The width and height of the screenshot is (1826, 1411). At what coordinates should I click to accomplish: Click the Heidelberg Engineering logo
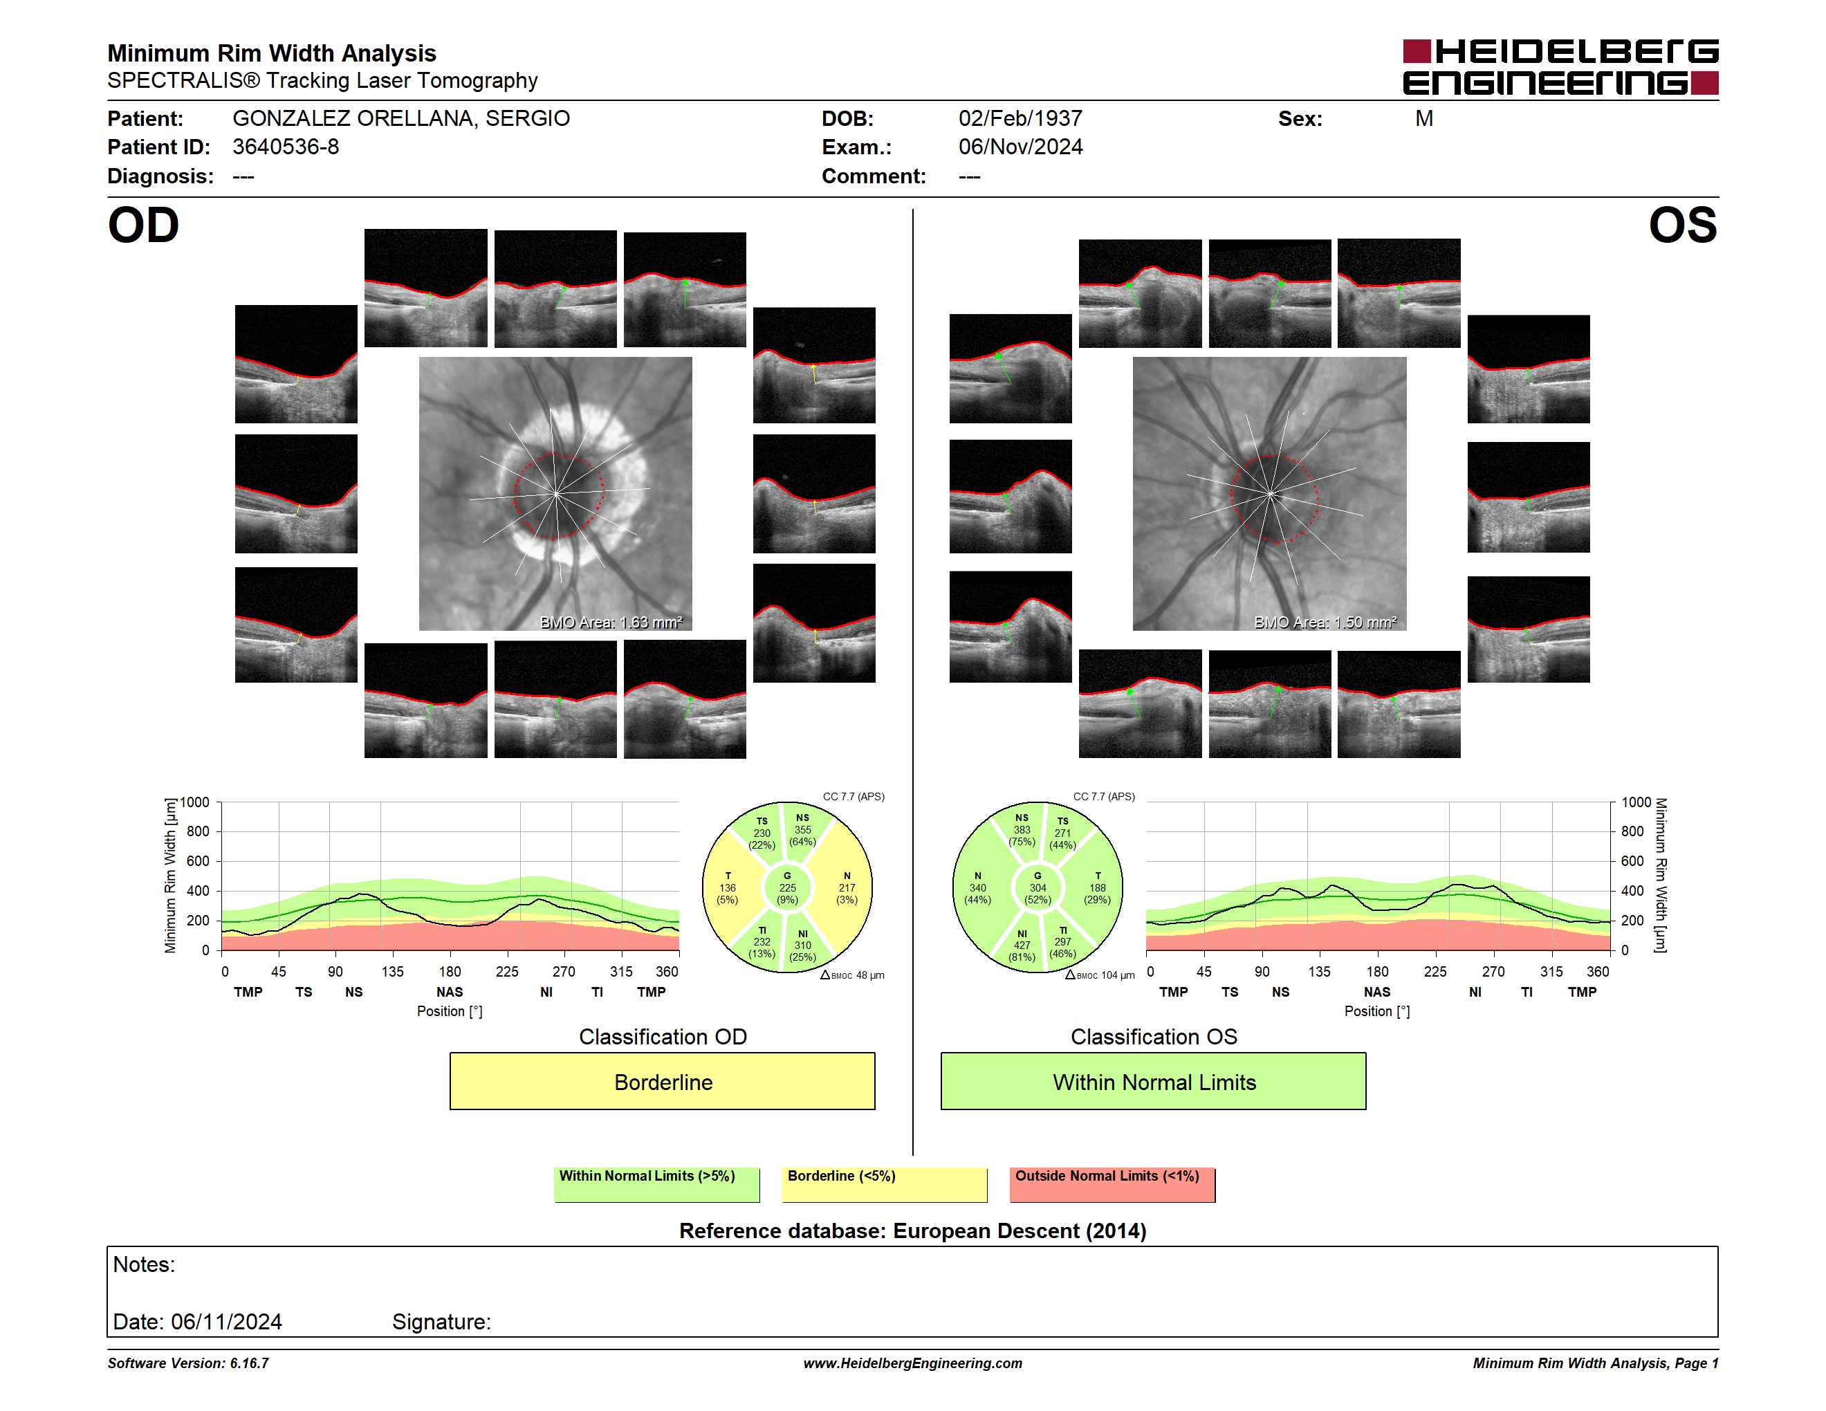(x=1560, y=67)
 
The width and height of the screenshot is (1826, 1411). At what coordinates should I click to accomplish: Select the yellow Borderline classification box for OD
(x=662, y=1081)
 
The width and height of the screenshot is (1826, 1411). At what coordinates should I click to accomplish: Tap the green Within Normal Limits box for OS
(x=1154, y=1081)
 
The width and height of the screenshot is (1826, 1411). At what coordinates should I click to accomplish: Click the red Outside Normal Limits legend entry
(x=1112, y=1184)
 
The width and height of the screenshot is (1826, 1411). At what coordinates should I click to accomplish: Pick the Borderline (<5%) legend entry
(x=885, y=1184)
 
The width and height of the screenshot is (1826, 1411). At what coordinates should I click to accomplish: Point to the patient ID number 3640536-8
(x=286, y=147)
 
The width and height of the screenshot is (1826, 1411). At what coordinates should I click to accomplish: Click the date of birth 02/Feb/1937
(x=1020, y=119)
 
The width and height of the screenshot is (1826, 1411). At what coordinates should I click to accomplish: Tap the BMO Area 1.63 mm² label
(x=611, y=622)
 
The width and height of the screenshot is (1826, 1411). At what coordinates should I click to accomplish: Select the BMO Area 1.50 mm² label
(x=1325, y=622)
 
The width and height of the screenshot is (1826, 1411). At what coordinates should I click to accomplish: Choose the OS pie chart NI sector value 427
(x=1022, y=946)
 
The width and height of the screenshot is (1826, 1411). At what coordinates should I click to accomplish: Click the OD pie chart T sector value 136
(x=728, y=887)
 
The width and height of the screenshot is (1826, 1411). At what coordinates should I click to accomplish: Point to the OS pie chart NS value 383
(x=1022, y=830)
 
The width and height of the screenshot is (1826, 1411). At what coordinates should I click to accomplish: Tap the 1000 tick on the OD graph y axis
(x=195, y=802)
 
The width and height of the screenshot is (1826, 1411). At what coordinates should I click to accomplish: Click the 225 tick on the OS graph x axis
(x=1435, y=971)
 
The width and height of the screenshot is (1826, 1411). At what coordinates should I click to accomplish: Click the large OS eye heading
(x=1682, y=225)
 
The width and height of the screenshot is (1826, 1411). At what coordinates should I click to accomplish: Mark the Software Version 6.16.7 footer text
(x=188, y=1363)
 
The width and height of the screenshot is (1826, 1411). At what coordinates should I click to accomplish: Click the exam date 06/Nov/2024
(x=1020, y=147)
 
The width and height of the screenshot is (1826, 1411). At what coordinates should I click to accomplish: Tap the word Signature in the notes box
(x=441, y=1322)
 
